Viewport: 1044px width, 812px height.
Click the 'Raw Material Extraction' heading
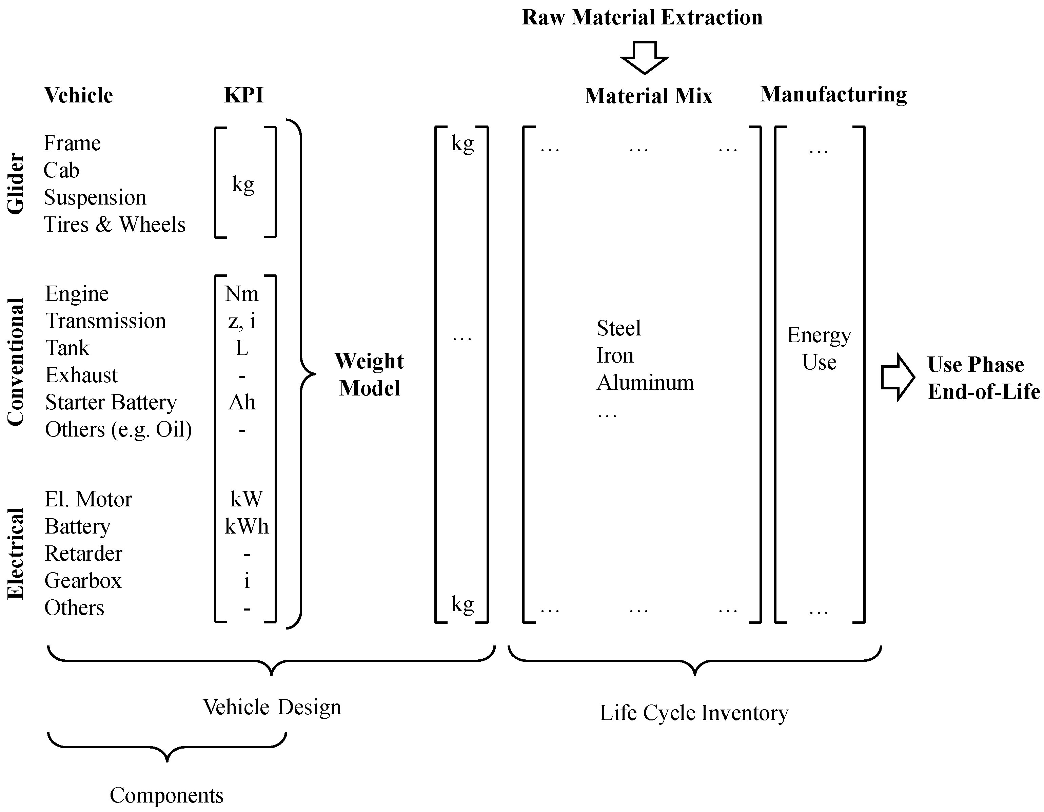(x=642, y=18)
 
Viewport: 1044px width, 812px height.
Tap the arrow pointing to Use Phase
(x=897, y=377)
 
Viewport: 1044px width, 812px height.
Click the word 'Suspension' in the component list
(x=95, y=197)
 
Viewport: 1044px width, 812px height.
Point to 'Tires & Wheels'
(x=114, y=225)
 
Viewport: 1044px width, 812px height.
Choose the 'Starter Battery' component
(x=111, y=402)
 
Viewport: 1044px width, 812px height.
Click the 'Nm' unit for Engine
(x=242, y=294)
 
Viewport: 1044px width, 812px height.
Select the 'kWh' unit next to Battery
(x=247, y=526)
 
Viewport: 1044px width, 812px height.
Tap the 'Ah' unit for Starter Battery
(x=242, y=402)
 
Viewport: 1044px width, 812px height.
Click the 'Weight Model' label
(x=369, y=374)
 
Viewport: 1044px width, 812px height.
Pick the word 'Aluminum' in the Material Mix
(x=645, y=383)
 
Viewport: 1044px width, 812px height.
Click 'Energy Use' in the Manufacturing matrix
(x=819, y=349)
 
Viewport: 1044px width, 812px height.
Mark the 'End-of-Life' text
(x=983, y=392)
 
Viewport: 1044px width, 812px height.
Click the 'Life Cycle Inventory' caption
(x=694, y=713)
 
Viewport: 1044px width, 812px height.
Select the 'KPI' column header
(x=244, y=95)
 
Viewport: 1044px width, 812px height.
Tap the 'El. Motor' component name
(x=88, y=499)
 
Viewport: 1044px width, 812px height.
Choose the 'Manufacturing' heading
(x=833, y=94)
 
